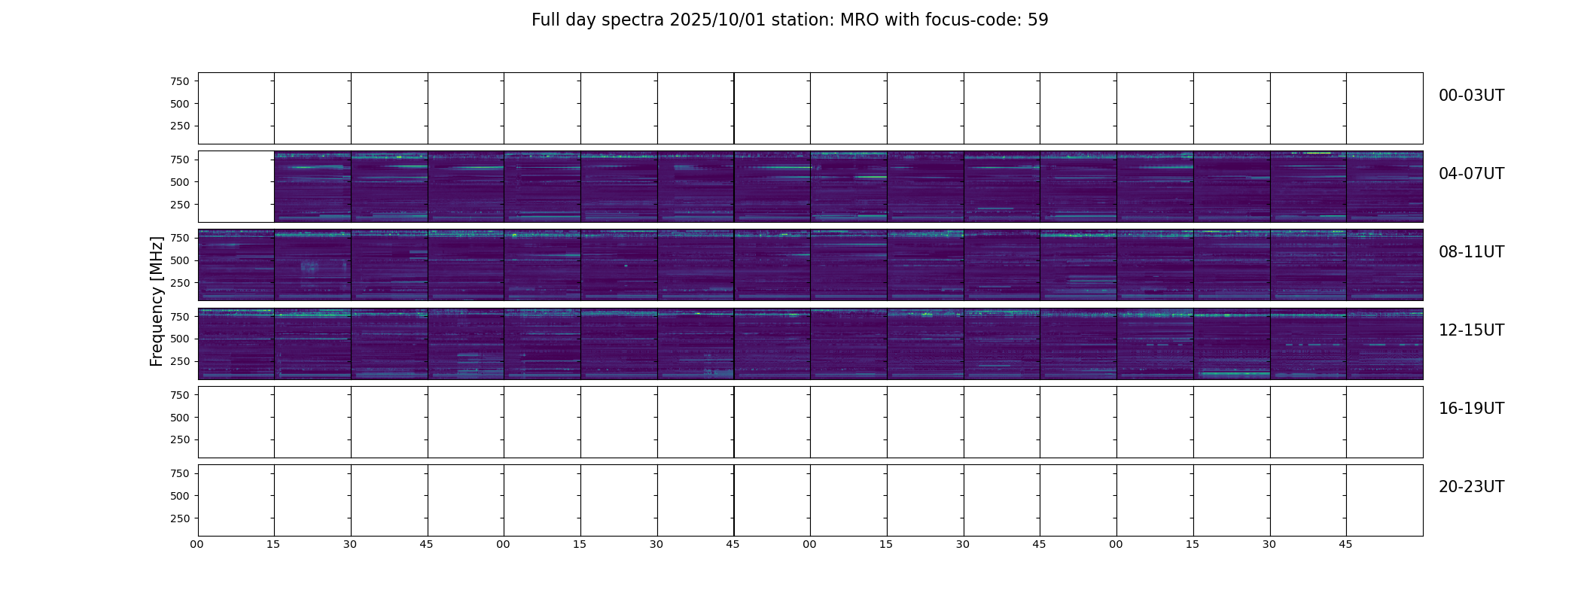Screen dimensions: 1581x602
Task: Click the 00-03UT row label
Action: (1471, 96)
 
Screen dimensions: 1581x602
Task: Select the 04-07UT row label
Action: (1471, 174)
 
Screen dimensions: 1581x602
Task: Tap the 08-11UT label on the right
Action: (1471, 252)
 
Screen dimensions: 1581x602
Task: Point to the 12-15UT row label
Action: (1471, 330)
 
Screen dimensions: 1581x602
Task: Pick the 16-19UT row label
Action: (1471, 409)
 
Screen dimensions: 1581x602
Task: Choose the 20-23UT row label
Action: (1471, 487)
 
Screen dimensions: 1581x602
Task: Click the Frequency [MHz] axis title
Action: (157, 301)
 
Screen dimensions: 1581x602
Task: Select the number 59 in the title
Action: (1038, 20)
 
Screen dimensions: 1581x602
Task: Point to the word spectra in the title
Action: (637, 21)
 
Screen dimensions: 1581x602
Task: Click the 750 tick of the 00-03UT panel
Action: (180, 81)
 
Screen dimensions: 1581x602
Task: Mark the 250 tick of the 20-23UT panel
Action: (180, 518)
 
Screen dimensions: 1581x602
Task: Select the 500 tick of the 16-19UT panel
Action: (180, 418)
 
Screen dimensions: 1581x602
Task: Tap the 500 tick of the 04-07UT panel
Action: (180, 182)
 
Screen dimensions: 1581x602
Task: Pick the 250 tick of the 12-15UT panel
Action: (180, 361)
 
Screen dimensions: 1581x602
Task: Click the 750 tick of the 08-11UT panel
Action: (180, 238)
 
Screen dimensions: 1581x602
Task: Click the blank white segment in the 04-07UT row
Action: (236, 187)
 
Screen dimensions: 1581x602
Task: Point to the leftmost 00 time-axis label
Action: (196, 544)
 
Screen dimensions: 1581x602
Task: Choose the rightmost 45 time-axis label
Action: (1345, 544)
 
